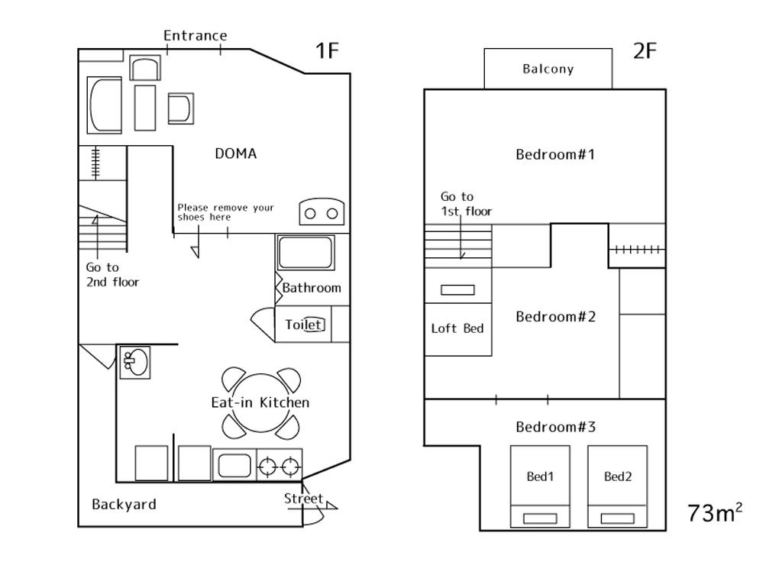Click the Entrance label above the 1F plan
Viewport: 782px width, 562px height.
click(x=195, y=35)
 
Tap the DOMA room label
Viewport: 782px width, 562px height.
click(x=235, y=153)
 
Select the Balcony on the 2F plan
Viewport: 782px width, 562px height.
click(x=548, y=69)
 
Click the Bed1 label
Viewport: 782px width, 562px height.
click(x=540, y=476)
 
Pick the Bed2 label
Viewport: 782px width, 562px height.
click(x=617, y=476)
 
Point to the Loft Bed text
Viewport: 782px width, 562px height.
click(x=457, y=328)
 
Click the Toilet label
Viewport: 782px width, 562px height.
click(x=305, y=325)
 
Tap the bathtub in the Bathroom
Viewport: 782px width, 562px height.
click(x=305, y=252)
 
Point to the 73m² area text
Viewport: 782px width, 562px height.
click(x=715, y=512)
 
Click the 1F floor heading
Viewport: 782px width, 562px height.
click(x=327, y=51)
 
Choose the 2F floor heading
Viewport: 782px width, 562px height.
click(x=645, y=51)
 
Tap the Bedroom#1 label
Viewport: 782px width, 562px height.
click(x=554, y=154)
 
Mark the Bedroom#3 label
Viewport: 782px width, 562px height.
click(x=554, y=426)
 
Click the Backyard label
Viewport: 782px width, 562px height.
click(x=124, y=504)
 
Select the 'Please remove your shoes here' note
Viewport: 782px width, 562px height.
click(x=225, y=212)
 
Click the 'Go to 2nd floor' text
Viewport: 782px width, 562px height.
click(x=112, y=274)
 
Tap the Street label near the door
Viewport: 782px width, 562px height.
click(x=304, y=499)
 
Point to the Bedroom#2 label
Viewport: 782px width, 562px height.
click(x=554, y=316)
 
